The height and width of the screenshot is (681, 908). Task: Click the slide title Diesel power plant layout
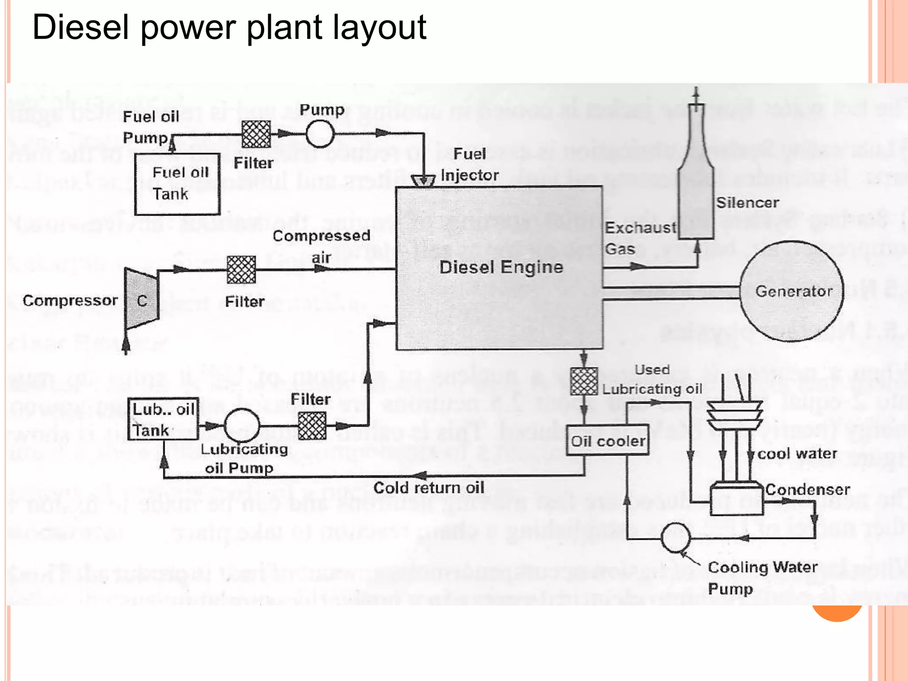(x=229, y=27)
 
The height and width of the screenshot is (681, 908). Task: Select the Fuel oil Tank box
(x=177, y=184)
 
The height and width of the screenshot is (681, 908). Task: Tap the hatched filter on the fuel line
(x=256, y=134)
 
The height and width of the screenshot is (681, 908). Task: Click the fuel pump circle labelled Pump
(x=320, y=133)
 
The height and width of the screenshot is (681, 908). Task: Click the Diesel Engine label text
(x=501, y=267)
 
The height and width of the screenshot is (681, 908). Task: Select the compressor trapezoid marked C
(x=141, y=299)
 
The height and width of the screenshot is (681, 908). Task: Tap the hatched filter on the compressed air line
(x=241, y=270)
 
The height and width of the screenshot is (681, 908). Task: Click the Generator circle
(x=792, y=291)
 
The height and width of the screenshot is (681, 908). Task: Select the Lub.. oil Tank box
(x=163, y=419)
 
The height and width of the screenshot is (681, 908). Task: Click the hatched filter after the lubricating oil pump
(x=312, y=426)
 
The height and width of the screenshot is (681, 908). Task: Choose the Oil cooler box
(x=608, y=440)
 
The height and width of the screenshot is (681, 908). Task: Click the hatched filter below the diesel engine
(x=584, y=381)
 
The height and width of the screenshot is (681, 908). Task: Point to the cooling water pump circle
(x=675, y=538)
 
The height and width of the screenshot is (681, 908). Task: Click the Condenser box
(x=736, y=500)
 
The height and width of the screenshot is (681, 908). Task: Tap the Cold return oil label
(x=428, y=488)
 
